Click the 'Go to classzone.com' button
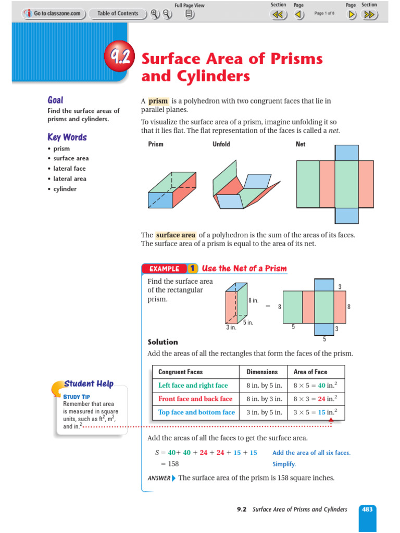[x=53, y=14]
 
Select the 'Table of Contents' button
[x=118, y=14]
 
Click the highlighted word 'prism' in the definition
[x=158, y=101]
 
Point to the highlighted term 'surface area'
[x=175, y=235]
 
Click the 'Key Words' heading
[x=67, y=137]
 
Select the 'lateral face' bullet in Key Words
[x=69, y=169]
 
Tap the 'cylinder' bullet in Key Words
[x=65, y=189]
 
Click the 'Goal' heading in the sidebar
[x=55, y=100]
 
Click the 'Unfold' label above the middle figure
[x=221, y=144]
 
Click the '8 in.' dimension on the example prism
[x=253, y=300]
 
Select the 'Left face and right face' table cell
[x=193, y=386]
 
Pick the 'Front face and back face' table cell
[x=195, y=399]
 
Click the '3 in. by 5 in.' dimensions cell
[x=264, y=412]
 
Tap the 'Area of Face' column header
[x=310, y=372]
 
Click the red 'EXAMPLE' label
[x=164, y=269]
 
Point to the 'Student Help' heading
[x=89, y=384]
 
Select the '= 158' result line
[x=167, y=464]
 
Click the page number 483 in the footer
[x=367, y=510]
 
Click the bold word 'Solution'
[x=163, y=342]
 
